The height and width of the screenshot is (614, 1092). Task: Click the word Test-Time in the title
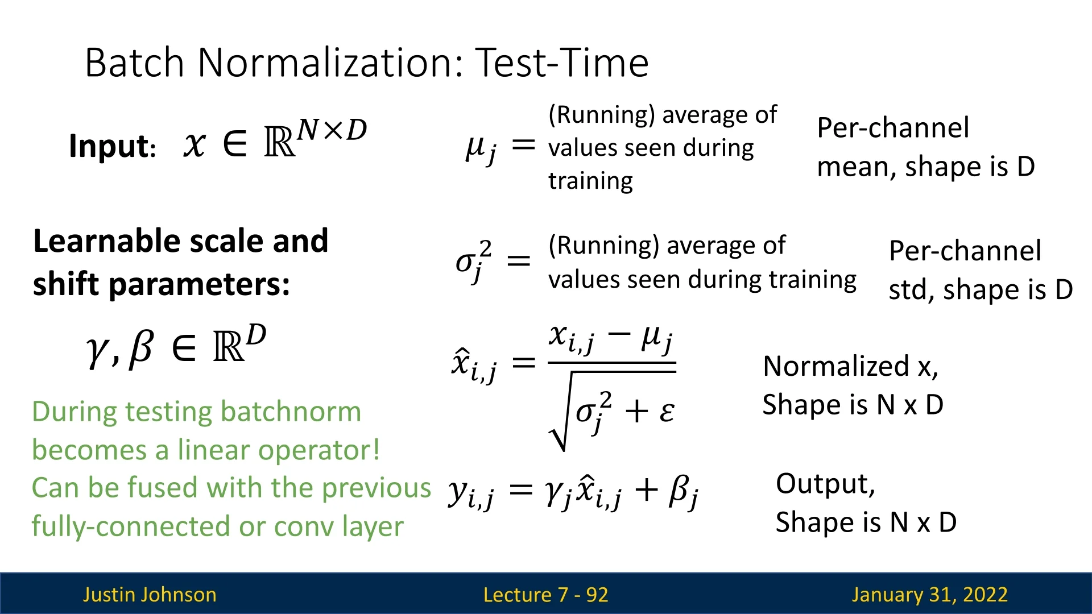[x=562, y=62]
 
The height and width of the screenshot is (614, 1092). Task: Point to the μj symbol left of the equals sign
[x=481, y=149]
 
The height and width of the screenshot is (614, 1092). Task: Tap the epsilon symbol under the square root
[x=667, y=412]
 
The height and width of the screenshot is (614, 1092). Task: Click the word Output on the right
[x=825, y=484]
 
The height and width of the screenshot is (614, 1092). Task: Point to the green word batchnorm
[x=291, y=411]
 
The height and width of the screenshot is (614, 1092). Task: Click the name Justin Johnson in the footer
[x=150, y=595]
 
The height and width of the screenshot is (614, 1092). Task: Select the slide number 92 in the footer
[x=597, y=595]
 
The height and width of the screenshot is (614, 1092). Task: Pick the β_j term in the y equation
[x=683, y=492]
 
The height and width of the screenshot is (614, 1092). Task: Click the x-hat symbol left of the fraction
[x=474, y=365]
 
